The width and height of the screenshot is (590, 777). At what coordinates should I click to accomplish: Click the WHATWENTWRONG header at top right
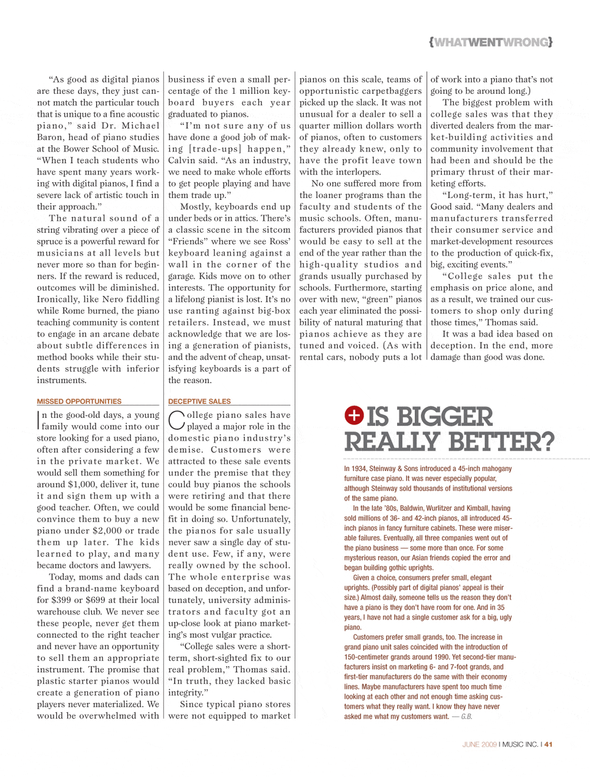coord(491,42)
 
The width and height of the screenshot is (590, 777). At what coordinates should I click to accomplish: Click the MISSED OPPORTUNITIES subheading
coord(79,401)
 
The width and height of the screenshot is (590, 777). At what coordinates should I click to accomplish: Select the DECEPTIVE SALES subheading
coord(199,401)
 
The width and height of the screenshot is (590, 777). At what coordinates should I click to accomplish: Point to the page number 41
coord(549,745)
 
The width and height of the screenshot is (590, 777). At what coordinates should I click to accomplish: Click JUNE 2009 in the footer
coord(480,745)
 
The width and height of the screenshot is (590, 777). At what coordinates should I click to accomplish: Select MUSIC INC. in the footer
coord(520,745)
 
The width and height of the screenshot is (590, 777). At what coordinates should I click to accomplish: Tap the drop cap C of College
coord(176,420)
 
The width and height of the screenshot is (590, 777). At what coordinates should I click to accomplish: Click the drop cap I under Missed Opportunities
coord(39,420)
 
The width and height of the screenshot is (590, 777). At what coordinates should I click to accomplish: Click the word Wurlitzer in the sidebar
coord(447,508)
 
